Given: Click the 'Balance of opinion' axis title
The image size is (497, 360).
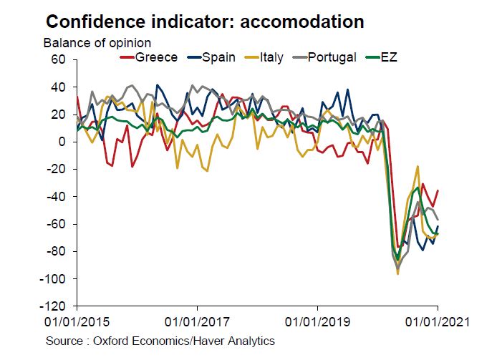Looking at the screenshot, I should pos(97,42).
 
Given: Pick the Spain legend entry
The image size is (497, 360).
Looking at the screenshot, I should pos(217,57).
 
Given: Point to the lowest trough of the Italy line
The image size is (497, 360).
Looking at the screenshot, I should pos(397,273).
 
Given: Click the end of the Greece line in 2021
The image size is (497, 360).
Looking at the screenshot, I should pos(438,190).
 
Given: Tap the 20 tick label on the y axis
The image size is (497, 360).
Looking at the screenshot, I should pos(59,115).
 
